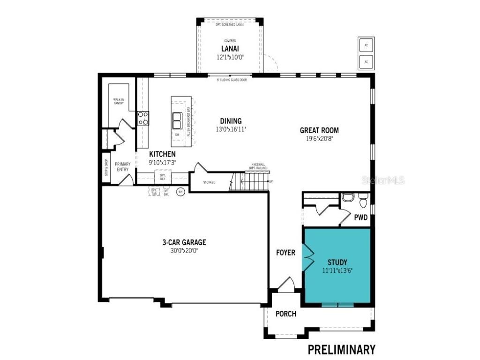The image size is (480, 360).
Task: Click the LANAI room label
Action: coord(230,49)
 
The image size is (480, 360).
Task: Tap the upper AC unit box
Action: coord(366,46)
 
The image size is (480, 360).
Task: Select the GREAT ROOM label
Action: coord(320,130)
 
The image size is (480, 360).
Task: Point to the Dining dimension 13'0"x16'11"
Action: coord(231,129)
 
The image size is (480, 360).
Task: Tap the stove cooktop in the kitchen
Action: coord(143,118)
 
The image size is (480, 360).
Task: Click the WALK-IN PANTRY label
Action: coord(119,101)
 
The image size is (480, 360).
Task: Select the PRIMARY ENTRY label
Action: coord(123,167)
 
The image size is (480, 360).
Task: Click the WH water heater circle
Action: coord(180,191)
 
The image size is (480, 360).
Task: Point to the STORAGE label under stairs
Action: coord(209,182)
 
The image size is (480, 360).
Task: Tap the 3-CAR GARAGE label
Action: coord(184,242)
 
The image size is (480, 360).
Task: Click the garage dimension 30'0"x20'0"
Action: coord(184,250)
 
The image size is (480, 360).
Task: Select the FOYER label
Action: coord(285,253)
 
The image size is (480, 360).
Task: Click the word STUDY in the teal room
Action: coord(337,262)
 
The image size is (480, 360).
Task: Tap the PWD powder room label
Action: coord(360,217)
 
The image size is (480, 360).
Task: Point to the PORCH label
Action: coord(285,314)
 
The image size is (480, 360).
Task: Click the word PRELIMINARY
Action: coord(341,349)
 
